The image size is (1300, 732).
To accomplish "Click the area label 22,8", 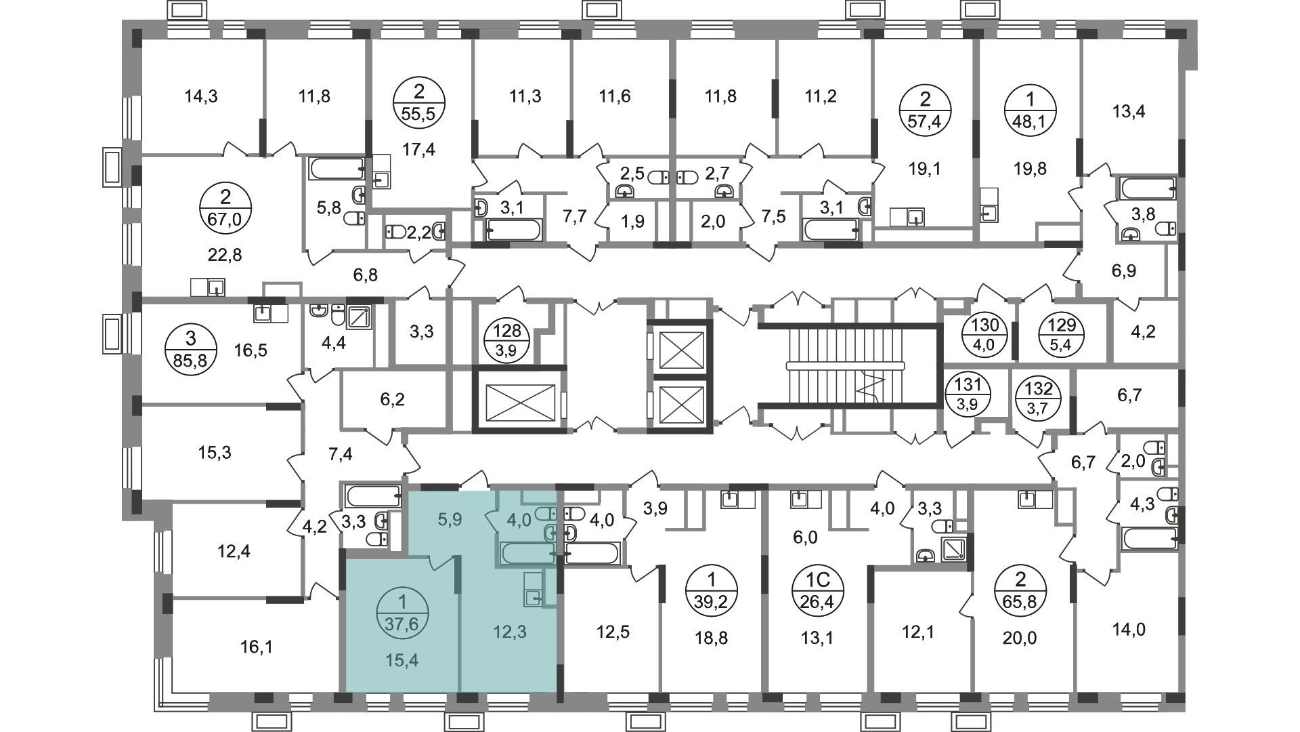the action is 225,255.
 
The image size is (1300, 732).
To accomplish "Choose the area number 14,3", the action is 201,96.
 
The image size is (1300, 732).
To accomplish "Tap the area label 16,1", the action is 256,647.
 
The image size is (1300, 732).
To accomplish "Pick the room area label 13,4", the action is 1129,111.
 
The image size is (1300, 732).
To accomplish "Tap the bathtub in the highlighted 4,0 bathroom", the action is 528,553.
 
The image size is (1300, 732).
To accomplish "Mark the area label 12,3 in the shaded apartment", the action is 511,632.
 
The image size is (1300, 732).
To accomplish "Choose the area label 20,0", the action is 1020,638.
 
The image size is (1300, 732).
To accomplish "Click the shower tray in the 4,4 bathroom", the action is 360,316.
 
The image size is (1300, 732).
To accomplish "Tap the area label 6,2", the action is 392,399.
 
